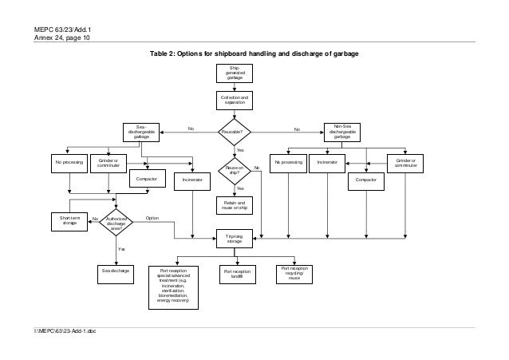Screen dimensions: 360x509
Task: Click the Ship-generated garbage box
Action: tap(235, 73)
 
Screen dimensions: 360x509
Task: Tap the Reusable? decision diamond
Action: tap(235, 130)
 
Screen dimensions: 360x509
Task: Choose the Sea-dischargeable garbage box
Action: tap(141, 132)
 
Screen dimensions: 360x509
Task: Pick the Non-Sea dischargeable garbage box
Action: tap(341, 132)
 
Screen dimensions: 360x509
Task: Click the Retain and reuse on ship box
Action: tap(235, 204)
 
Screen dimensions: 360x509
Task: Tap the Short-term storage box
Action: tap(69, 220)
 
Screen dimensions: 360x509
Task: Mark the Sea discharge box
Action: tap(116, 271)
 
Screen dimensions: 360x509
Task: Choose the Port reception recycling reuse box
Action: tap(294, 273)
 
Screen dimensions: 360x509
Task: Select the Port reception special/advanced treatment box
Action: tap(175, 286)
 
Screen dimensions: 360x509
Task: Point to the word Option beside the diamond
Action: tap(152, 217)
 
